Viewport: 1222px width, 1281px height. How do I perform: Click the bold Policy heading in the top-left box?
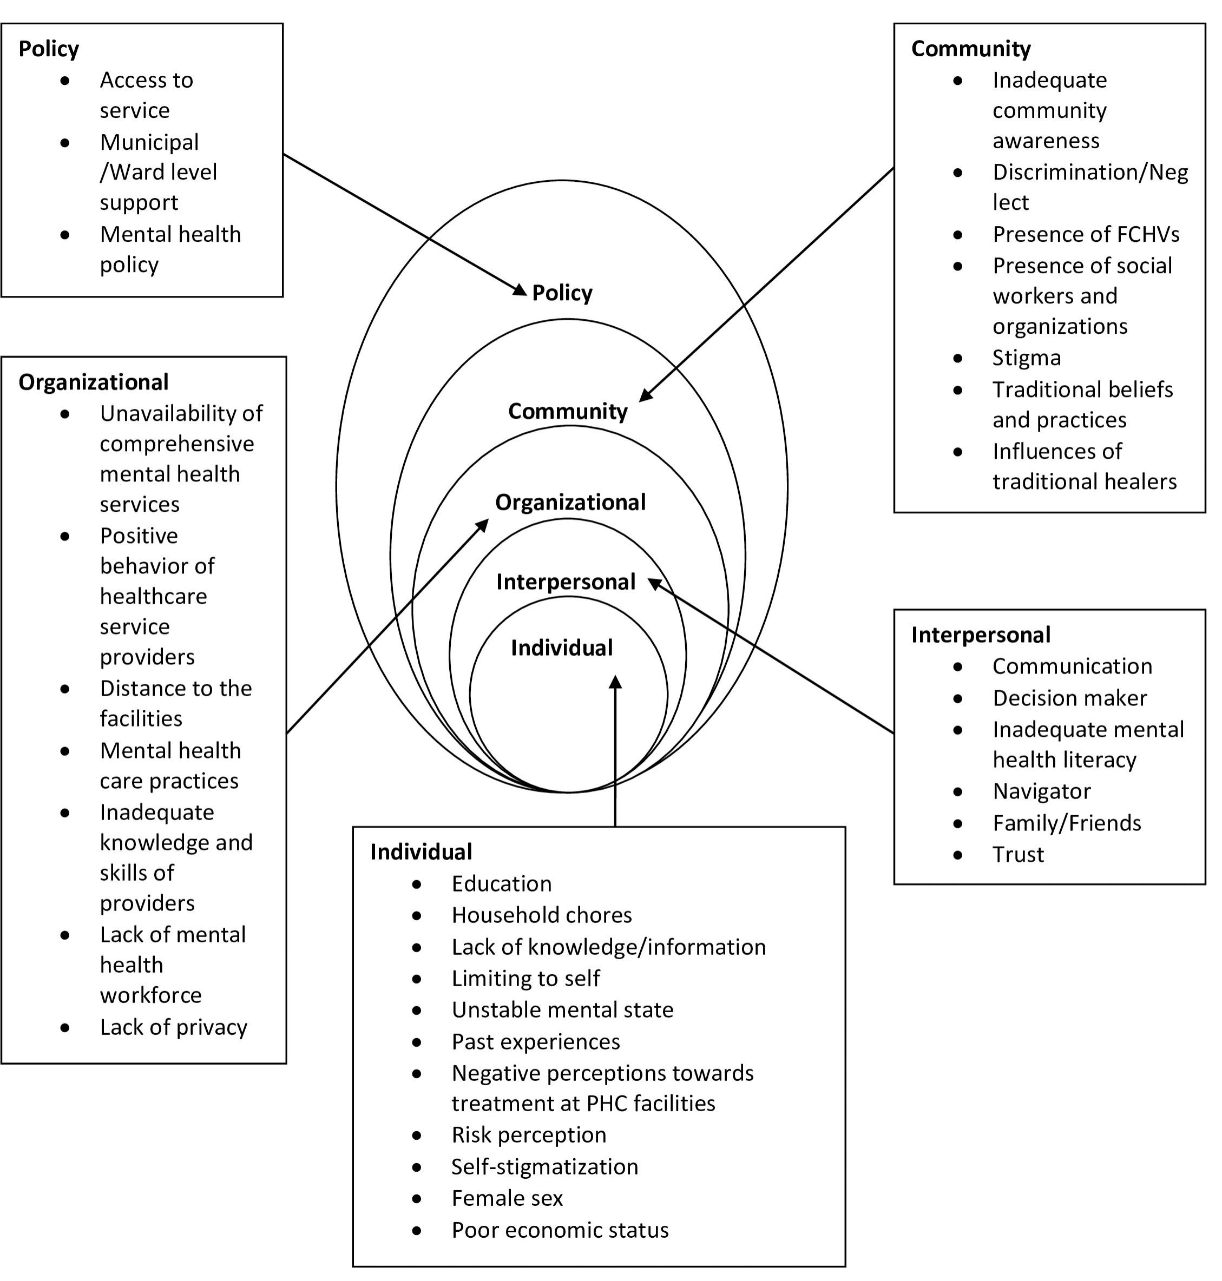coord(49,49)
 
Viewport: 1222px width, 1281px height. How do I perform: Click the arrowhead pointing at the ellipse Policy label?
coord(521,289)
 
